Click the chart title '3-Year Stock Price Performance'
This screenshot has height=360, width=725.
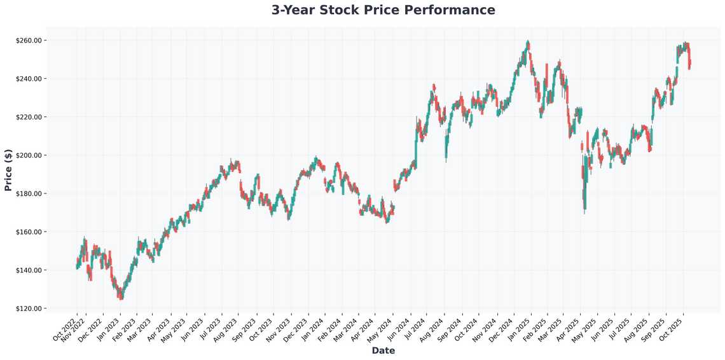click(383, 10)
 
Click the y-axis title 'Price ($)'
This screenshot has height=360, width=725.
click(8, 170)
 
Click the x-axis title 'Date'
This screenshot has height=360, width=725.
click(383, 350)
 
